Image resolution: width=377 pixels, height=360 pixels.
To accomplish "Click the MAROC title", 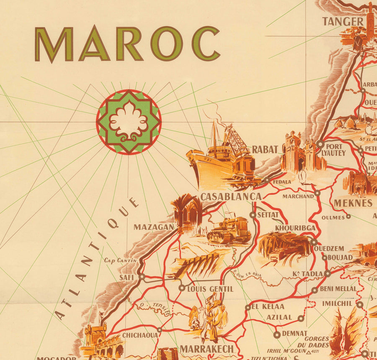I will [x=127, y=44].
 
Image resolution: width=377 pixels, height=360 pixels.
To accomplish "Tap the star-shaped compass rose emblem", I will [x=129, y=122].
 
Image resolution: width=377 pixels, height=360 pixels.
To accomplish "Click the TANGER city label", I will [x=342, y=21].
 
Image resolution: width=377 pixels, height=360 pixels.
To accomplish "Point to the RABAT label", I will [x=266, y=149].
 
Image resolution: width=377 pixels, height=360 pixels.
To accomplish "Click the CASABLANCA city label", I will [x=231, y=196].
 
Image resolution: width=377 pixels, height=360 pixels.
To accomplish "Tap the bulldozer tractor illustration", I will [x=229, y=230].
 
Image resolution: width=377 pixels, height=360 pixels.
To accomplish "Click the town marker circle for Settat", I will [x=253, y=215].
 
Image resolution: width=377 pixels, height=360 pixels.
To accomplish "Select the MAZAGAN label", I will [x=154, y=227].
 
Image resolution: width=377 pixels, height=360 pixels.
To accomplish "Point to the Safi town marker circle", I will [x=142, y=277].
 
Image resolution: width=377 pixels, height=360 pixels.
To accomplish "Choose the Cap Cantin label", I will [x=121, y=260].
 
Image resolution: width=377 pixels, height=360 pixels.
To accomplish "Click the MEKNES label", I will [x=353, y=203].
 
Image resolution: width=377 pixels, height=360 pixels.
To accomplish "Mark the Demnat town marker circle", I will [x=276, y=334].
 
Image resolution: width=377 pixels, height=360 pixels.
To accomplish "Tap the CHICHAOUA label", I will [x=140, y=335].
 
